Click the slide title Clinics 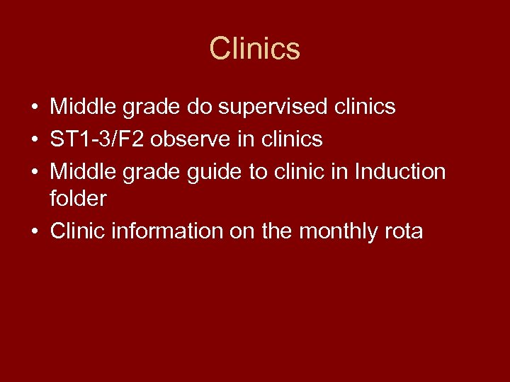255,49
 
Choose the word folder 79,199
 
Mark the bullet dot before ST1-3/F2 34,140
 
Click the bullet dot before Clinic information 34,231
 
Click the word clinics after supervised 361,108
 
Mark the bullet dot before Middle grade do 34,108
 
